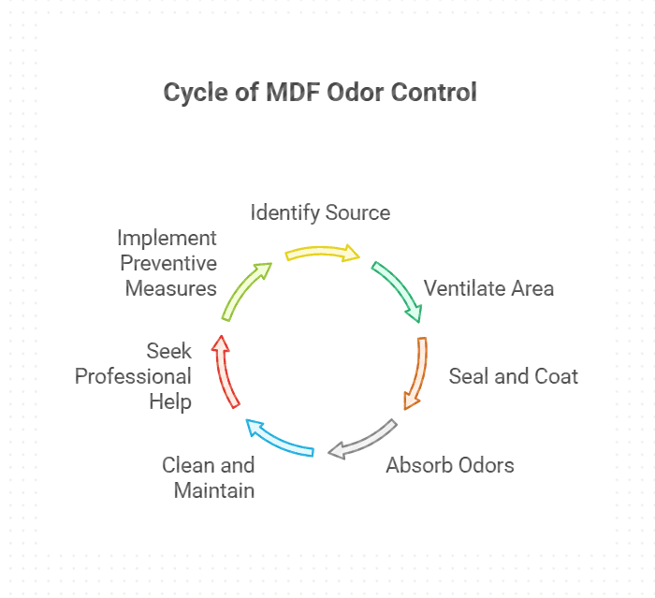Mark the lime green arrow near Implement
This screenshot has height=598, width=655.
tap(245, 291)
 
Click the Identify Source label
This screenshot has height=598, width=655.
tap(320, 212)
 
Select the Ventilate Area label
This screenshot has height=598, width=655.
tap(488, 287)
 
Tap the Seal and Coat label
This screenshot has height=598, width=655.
tap(513, 376)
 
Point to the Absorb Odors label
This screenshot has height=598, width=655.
tap(450, 464)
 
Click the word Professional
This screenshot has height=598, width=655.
tap(133, 376)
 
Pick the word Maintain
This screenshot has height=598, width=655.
tap(214, 489)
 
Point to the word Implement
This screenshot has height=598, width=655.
tap(167, 238)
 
